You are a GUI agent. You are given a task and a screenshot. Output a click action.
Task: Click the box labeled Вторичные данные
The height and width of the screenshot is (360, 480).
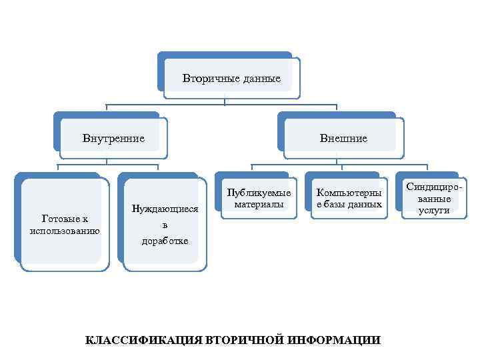(x=231, y=78)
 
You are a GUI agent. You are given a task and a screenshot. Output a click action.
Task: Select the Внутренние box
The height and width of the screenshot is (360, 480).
(x=113, y=139)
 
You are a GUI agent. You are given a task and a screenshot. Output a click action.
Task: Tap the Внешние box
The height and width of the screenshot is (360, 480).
(x=343, y=139)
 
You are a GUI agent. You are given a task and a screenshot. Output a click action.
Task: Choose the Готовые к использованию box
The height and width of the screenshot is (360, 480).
(x=65, y=224)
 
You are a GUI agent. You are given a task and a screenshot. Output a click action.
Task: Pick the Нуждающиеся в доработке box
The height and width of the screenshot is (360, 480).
(x=165, y=224)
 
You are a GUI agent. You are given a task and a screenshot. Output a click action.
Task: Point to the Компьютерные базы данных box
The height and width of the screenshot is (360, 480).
(x=349, y=198)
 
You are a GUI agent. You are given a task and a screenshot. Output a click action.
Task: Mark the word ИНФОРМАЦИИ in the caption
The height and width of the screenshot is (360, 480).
(x=336, y=340)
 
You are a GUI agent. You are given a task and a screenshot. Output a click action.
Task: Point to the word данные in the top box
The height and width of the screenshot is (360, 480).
(x=261, y=79)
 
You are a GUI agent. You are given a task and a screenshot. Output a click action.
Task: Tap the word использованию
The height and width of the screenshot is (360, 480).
(x=65, y=231)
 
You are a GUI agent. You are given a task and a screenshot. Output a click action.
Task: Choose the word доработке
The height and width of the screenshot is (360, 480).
(x=165, y=240)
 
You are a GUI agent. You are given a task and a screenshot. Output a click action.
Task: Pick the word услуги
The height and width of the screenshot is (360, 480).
(x=434, y=210)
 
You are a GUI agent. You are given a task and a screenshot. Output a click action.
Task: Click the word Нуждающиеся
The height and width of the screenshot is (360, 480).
(x=165, y=208)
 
